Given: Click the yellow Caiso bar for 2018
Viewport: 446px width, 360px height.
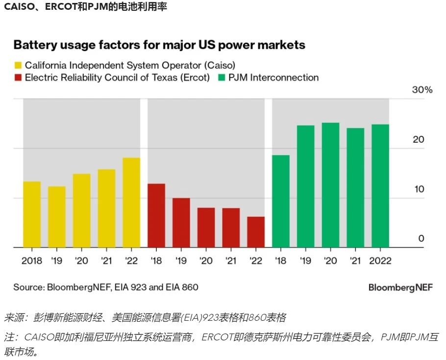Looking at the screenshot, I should point(32,214).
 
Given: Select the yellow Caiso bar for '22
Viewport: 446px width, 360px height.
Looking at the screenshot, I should point(131,203).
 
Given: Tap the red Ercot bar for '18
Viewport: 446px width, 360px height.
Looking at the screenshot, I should point(156,216).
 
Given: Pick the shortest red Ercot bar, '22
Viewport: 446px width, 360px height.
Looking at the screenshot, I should point(256,232).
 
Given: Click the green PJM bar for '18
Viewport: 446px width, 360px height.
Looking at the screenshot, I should point(281,201).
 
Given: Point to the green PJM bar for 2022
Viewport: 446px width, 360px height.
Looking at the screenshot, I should point(380,186).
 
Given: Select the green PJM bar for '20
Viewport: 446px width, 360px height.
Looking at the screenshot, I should point(330,185).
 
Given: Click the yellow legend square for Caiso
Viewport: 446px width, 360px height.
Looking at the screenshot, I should point(18,65).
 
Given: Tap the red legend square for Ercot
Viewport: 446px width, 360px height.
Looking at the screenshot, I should point(18,77).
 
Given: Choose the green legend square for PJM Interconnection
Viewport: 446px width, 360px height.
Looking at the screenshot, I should point(222,77).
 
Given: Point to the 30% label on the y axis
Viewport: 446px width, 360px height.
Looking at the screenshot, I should point(422,90).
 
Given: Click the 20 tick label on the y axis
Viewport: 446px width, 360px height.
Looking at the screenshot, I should point(418,140).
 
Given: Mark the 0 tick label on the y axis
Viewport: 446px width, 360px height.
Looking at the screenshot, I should point(421,239).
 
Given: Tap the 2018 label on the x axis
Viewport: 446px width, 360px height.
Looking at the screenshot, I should point(32,260).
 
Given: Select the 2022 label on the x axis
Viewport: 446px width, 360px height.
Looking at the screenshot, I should point(380,260).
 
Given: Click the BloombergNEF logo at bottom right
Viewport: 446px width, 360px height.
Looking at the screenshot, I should point(400,287).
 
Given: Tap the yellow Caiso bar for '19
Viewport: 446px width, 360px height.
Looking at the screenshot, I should point(57,217).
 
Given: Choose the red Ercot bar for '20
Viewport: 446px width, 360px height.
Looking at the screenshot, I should point(206,228).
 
